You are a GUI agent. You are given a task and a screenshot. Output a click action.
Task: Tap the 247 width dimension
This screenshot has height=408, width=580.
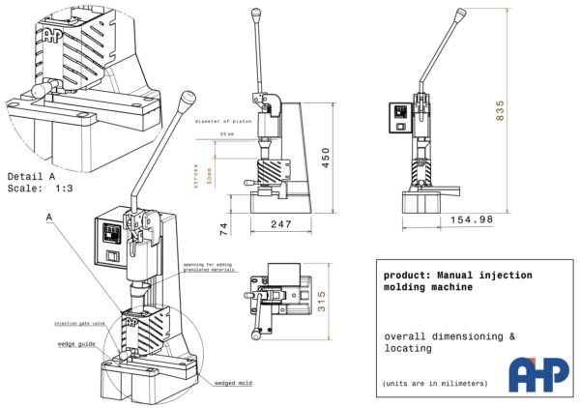281,223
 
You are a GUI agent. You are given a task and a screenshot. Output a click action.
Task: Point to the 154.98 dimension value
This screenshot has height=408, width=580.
471,219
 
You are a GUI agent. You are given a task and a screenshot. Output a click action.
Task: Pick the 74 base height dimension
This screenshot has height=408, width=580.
223,229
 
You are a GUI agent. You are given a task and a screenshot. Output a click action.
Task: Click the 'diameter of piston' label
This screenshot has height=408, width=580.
223,122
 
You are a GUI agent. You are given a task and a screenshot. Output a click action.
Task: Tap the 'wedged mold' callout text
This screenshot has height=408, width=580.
232,384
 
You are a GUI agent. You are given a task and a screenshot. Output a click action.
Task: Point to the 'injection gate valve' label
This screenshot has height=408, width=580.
79,323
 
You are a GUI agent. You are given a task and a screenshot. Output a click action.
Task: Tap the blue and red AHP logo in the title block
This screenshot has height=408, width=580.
538,373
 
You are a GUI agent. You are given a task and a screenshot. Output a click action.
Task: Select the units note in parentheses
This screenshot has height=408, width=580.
435,384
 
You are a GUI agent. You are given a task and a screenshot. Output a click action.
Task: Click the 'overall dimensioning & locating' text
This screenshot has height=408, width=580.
449,341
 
